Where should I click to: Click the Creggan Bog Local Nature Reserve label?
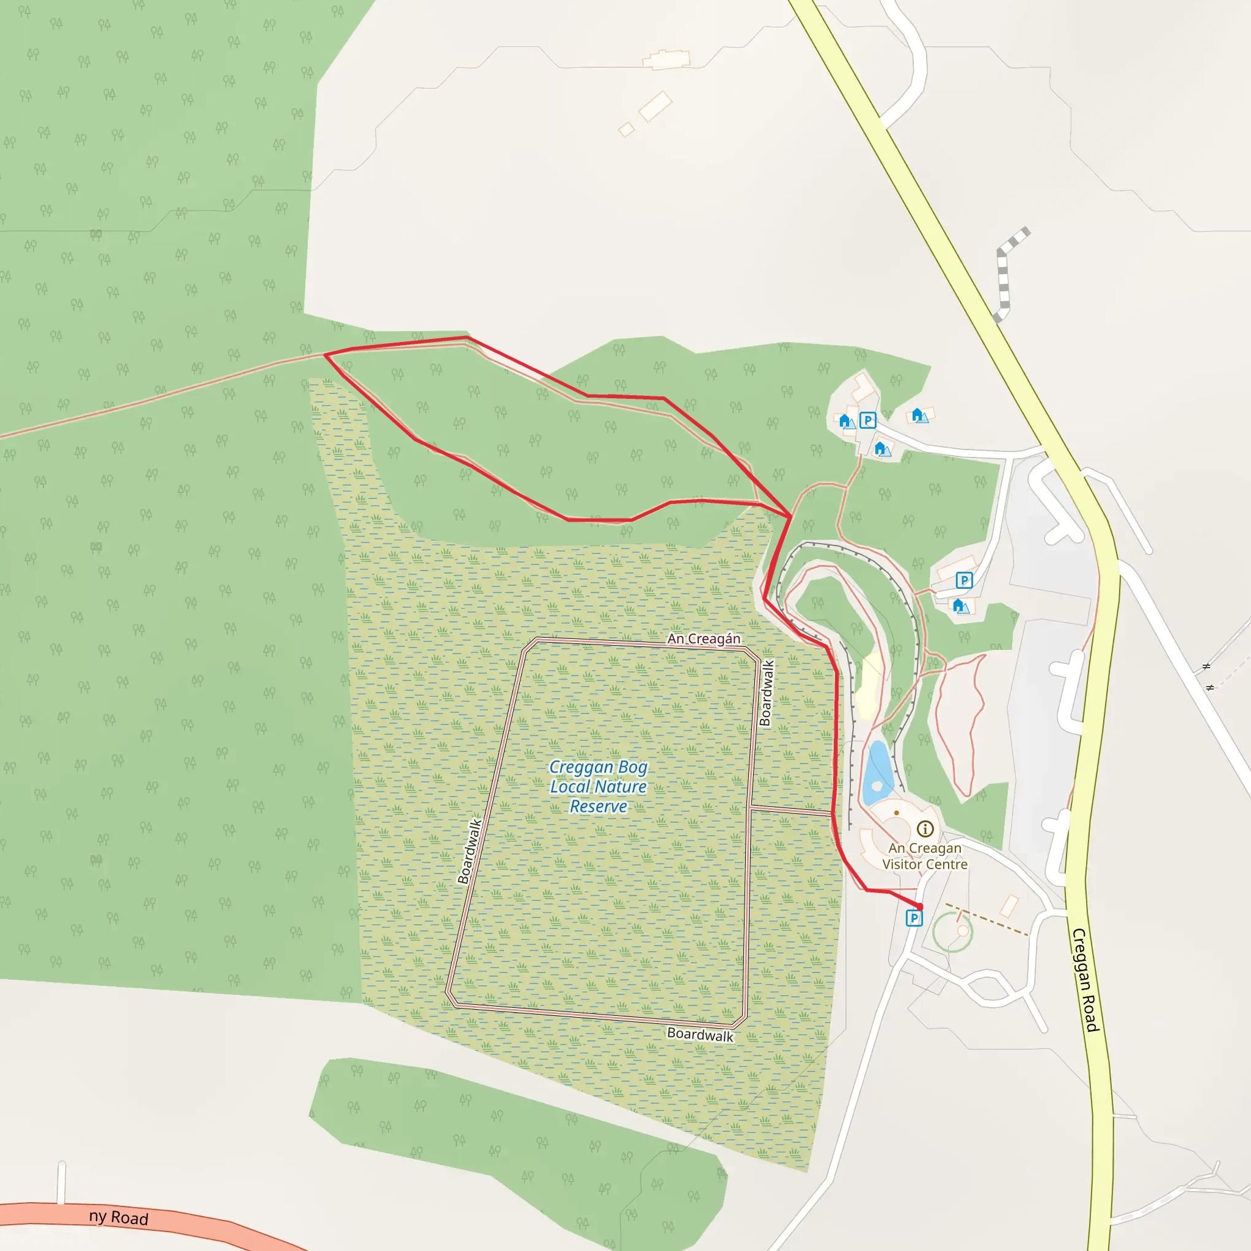[x=598, y=787]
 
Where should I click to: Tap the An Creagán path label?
[x=704, y=639]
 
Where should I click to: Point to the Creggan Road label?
[x=1085, y=980]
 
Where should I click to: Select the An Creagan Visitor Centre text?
[x=925, y=856]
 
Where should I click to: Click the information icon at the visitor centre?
[x=925, y=829]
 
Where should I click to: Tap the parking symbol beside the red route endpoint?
[x=914, y=918]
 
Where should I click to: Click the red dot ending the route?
[x=919, y=906]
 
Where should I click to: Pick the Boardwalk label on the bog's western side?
[x=470, y=852]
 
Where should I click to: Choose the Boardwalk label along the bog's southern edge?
[x=700, y=1035]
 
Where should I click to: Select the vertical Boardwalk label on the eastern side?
[x=767, y=693]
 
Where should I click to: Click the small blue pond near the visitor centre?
[x=877, y=773]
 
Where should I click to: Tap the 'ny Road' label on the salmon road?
[x=119, y=1218]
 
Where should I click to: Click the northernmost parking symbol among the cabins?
[x=867, y=421]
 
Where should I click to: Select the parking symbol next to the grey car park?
[x=964, y=580]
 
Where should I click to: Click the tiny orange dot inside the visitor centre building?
[x=896, y=812]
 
